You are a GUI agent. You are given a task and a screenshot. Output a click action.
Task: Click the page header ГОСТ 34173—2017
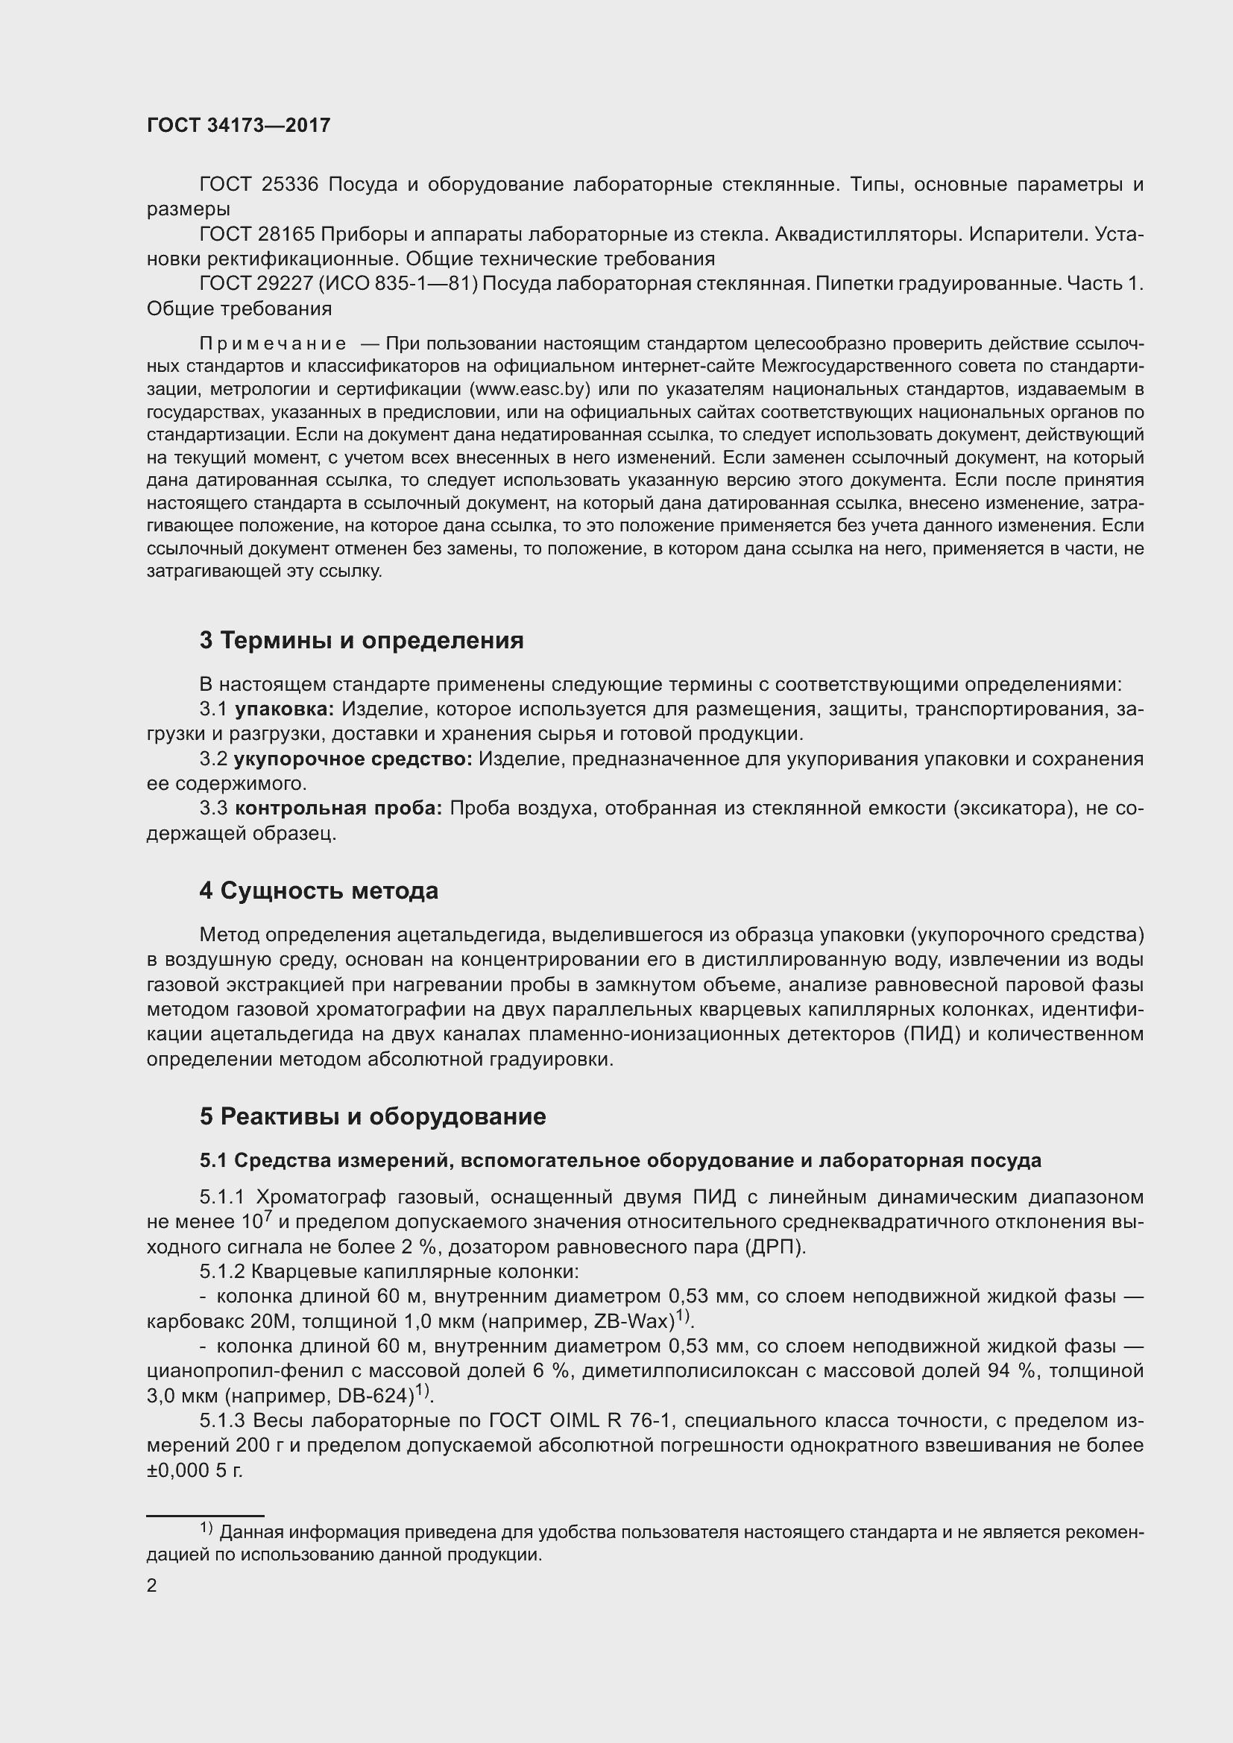tap(239, 126)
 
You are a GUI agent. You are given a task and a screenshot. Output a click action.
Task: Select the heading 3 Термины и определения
tap(362, 640)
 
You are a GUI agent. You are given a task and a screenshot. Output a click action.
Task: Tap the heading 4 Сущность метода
tap(319, 891)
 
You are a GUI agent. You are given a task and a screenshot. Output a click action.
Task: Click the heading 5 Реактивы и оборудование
tap(373, 1116)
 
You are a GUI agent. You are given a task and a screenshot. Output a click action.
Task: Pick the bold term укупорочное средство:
tap(353, 759)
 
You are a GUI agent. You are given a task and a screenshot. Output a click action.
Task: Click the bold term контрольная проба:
tap(338, 809)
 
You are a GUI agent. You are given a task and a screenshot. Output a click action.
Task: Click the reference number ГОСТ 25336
tap(259, 185)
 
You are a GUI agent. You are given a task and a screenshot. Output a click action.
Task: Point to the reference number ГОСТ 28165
tap(259, 235)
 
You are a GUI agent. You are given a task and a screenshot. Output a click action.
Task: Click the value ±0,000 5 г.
tap(195, 1470)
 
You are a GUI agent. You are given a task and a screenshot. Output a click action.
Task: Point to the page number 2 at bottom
tap(152, 1585)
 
